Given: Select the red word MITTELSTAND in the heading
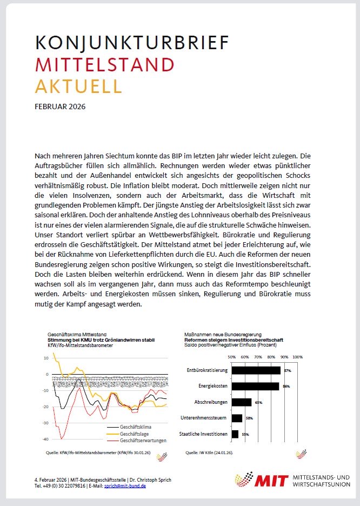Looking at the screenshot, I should point(104,65).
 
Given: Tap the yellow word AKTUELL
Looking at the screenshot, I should point(78,86).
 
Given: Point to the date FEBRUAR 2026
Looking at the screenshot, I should point(59,106).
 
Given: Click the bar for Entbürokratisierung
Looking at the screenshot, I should point(256,370).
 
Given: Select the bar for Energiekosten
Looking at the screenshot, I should point(255,386).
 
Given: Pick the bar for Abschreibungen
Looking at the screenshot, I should point(242,402).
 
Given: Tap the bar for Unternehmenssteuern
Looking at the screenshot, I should point(237,418).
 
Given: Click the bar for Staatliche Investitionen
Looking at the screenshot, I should point(235,434).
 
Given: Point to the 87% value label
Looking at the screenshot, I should point(287,371).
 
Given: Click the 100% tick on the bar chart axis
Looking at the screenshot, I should point(297,357).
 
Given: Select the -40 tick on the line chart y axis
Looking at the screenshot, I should point(45,439).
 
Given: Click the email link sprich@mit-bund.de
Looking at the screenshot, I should point(124,486).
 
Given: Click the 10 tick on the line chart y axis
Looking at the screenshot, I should point(46,358).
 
